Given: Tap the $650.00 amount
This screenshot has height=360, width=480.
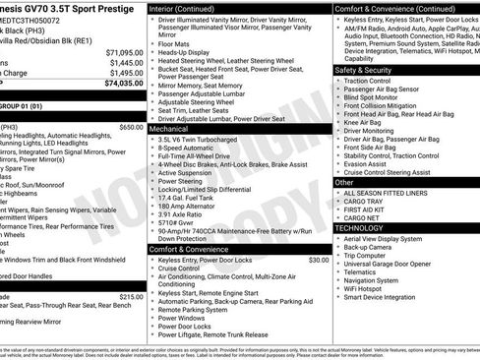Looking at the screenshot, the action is (131, 127).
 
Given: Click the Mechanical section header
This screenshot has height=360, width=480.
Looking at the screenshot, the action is (169, 128).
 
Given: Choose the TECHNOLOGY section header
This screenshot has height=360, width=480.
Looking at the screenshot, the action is (358, 227).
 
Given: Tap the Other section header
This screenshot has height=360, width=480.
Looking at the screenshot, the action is (344, 182).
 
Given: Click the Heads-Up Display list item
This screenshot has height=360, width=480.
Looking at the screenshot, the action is (192, 51).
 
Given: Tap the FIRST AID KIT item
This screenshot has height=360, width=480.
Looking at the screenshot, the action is (365, 209).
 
